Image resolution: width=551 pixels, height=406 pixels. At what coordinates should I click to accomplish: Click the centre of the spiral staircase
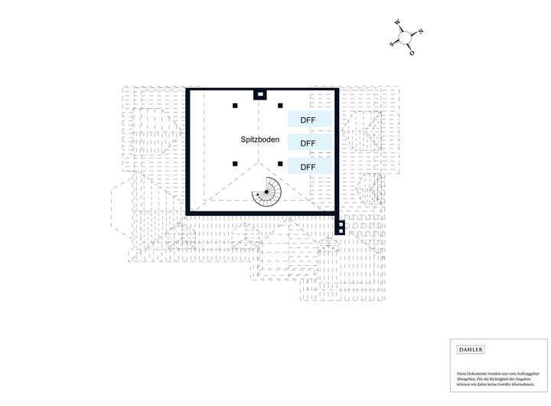pos(266,192)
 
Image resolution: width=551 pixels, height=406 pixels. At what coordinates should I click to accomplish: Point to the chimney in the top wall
pos(260,95)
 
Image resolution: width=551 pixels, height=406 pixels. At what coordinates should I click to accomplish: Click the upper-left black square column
pos(236,106)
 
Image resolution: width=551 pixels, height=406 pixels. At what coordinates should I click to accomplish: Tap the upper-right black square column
pos(281,106)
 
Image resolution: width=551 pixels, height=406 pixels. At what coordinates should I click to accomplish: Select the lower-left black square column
pos(236,162)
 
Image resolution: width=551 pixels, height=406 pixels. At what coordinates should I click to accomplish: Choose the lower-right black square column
pos(281,162)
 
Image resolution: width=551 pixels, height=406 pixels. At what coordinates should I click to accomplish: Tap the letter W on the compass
pos(397,23)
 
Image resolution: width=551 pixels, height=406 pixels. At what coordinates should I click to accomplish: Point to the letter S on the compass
pos(392,44)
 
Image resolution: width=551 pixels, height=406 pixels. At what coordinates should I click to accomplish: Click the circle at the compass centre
pos(406,38)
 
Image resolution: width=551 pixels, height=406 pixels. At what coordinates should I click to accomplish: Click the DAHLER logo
pos(470,349)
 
